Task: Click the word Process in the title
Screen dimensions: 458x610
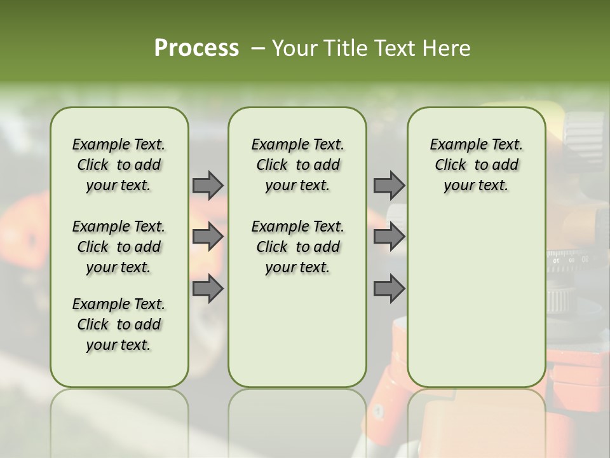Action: pyautogui.click(x=196, y=48)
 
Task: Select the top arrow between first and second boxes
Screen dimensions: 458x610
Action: pyautogui.click(x=208, y=185)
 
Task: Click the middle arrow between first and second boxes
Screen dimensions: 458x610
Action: pyautogui.click(x=208, y=237)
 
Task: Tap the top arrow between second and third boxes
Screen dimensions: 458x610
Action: pyautogui.click(x=389, y=185)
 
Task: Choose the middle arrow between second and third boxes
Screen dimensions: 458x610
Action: pyautogui.click(x=389, y=237)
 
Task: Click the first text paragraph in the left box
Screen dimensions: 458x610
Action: pyautogui.click(x=119, y=165)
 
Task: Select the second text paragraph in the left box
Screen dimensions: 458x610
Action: pyautogui.click(x=119, y=247)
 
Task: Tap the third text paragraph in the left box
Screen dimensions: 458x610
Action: pyautogui.click(x=119, y=324)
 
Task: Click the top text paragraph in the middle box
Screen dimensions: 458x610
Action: pyautogui.click(x=297, y=165)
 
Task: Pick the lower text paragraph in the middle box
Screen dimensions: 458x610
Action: pyautogui.click(x=297, y=247)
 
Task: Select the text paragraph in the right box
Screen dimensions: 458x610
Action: pyautogui.click(x=476, y=165)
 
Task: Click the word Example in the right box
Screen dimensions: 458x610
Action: pyautogui.click(x=454, y=144)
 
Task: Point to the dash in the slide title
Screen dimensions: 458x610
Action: pyautogui.click(x=257, y=48)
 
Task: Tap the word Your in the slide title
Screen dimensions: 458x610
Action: pyautogui.click(x=289, y=48)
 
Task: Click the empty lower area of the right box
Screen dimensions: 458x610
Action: pyautogui.click(x=476, y=299)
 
